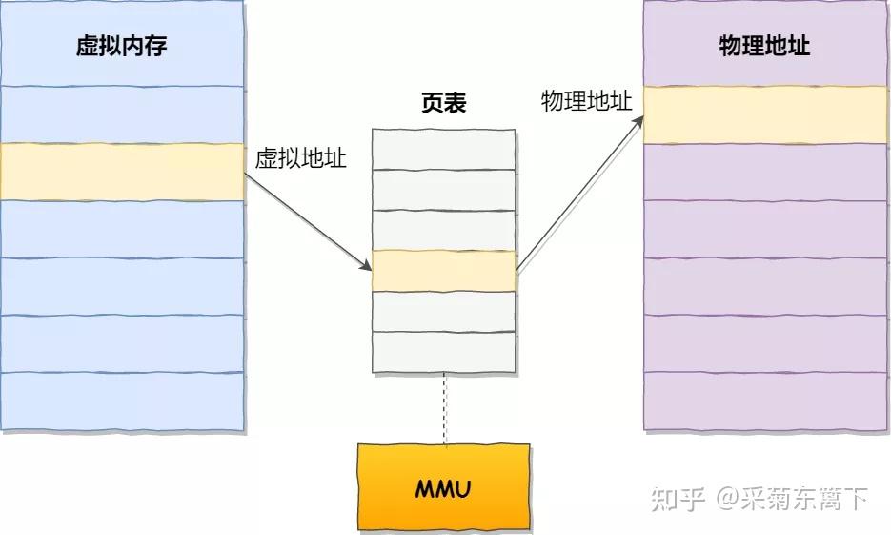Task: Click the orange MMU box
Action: click(443, 486)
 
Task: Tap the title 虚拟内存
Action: click(121, 46)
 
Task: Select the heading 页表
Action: click(443, 103)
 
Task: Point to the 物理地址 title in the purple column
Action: click(764, 46)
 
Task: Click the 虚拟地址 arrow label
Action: click(300, 158)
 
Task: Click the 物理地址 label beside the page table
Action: click(586, 101)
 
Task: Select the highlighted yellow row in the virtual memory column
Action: click(121, 172)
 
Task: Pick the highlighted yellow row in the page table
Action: click(444, 271)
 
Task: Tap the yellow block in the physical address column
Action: click(765, 114)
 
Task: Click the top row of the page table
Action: click(444, 148)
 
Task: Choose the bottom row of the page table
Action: click(444, 351)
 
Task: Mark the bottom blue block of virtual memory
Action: click(121, 401)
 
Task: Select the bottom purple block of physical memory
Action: click(765, 401)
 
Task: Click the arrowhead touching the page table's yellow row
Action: click(366, 266)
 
